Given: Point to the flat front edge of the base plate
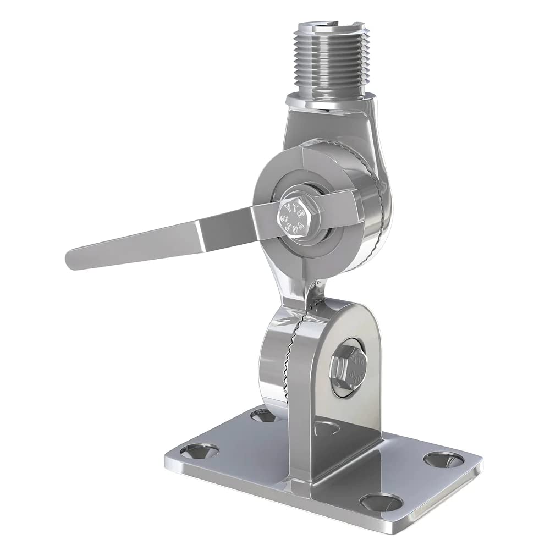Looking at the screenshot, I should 264,487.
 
